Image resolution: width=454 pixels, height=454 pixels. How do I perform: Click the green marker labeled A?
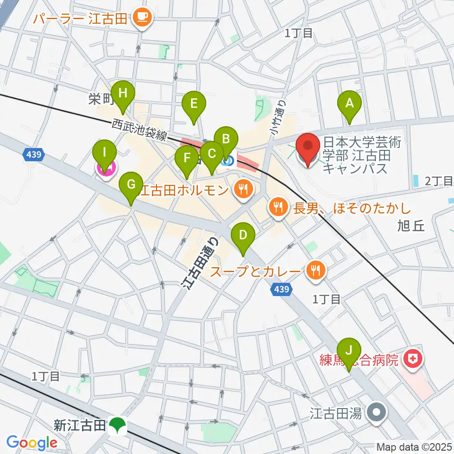point(349,103)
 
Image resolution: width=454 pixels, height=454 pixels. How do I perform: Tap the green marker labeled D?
point(243,236)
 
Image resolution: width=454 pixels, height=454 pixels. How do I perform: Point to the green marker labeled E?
point(193,104)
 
